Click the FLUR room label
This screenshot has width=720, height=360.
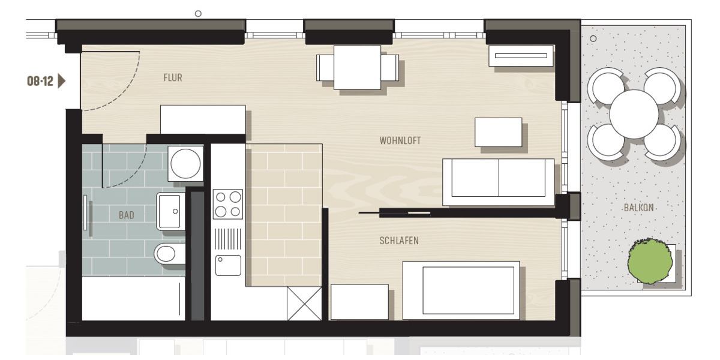(x=173, y=77)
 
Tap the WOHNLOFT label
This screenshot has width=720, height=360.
(x=400, y=140)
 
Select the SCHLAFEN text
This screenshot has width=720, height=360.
(x=399, y=241)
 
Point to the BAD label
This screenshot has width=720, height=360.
(x=127, y=215)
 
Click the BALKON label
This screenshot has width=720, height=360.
(x=638, y=208)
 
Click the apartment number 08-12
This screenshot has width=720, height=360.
(x=40, y=81)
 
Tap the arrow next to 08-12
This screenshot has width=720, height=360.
(x=61, y=81)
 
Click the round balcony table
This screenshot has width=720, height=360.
(x=634, y=114)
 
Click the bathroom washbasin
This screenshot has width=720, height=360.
(x=171, y=211)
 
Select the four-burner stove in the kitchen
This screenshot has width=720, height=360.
(x=228, y=204)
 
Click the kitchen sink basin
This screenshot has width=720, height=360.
(x=228, y=265)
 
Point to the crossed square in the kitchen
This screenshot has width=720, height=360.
(x=304, y=304)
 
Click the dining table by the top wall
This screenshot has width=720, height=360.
(x=358, y=67)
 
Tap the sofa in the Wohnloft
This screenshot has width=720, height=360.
(x=498, y=181)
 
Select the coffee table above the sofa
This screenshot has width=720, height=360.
(x=499, y=132)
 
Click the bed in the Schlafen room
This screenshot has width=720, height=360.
(x=461, y=290)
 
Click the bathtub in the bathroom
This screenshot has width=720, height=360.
(x=133, y=298)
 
